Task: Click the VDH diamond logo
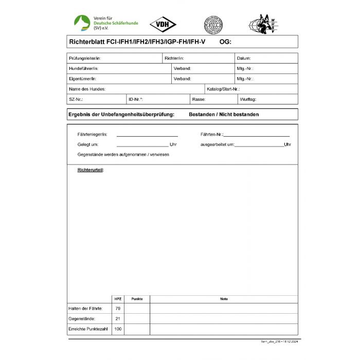tap(163, 24)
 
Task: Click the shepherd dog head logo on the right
tap(265, 24)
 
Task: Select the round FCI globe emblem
tap(213, 24)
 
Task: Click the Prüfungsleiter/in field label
tap(85, 58)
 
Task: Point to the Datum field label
tap(244, 58)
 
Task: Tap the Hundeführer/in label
tap(83, 68)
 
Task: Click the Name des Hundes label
tap(87, 89)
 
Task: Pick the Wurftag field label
tap(248, 99)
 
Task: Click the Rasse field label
tap(199, 99)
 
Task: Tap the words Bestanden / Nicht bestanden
tap(224, 114)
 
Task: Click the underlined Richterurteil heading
tap(90, 170)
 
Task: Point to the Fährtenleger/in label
tap(92, 134)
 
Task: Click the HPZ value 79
tap(118, 309)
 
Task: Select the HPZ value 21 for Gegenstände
tap(118, 319)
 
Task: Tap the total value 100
tap(118, 329)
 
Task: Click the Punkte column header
tap(137, 299)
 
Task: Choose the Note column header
tap(224, 299)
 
